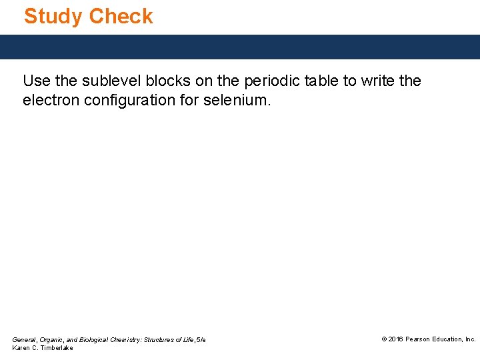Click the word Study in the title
[x=53, y=16]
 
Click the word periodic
[x=268, y=81]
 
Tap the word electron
[x=51, y=101]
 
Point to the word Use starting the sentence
[x=36, y=81]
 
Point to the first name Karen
[x=21, y=348]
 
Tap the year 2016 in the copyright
[x=395, y=339]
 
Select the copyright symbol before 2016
[x=384, y=339]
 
